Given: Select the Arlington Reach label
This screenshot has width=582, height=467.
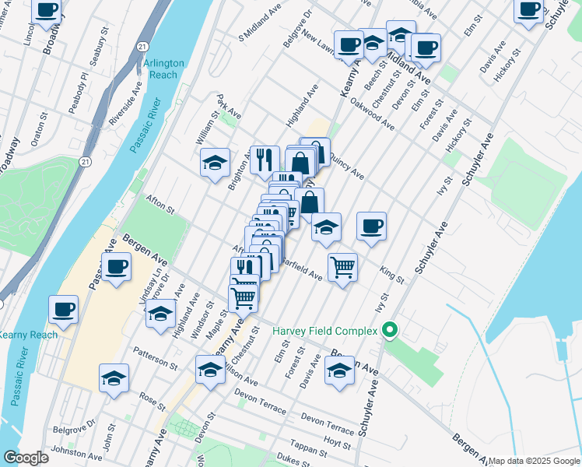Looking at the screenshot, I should tap(163, 68).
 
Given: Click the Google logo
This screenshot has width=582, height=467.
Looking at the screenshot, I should tap(26, 458).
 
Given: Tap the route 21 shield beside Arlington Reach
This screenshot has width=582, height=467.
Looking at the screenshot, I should tap(144, 47).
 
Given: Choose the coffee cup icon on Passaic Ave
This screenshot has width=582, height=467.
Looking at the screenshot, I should tap(116, 267).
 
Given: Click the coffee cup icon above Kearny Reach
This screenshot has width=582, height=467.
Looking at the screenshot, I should tap(64, 309).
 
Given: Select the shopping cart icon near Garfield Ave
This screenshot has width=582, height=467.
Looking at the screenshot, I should tap(342, 267).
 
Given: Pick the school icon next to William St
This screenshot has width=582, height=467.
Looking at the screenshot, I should tap(215, 163).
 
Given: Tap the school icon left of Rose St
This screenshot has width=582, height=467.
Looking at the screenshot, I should tap(114, 378).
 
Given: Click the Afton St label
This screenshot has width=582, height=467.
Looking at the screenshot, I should tap(159, 202).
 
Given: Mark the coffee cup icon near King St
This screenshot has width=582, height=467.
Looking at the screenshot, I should tap(371, 226).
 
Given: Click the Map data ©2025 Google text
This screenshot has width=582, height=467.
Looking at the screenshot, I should tap(534, 461).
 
